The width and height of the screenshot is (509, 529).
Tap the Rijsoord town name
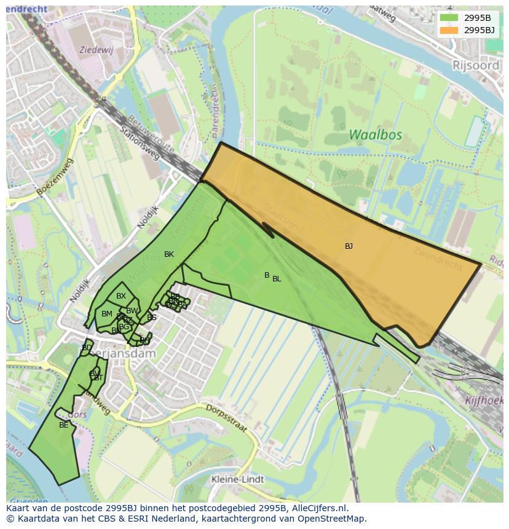(477, 65)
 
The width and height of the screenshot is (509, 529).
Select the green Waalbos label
(375, 135)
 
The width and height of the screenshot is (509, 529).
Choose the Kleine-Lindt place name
(237, 479)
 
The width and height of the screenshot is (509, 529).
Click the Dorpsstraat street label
(226, 418)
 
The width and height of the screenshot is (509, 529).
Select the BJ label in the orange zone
(349, 246)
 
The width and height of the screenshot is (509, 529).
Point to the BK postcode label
(169, 254)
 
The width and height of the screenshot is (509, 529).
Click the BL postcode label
(277, 279)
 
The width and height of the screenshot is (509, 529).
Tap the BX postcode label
(121, 296)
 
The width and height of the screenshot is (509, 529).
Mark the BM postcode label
(107, 314)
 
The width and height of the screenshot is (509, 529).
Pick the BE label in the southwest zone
(64, 425)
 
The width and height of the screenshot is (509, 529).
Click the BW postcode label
(132, 311)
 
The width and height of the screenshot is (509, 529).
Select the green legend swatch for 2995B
(449, 18)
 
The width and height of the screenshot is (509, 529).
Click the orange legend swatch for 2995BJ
(449, 30)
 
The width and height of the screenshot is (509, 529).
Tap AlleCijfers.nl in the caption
(319, 509)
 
